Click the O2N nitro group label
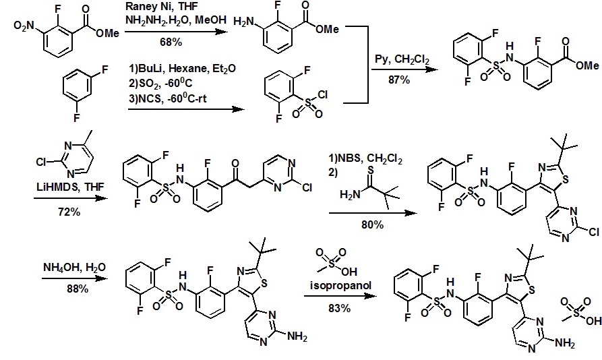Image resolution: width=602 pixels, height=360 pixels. click(x=23, y=26)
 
